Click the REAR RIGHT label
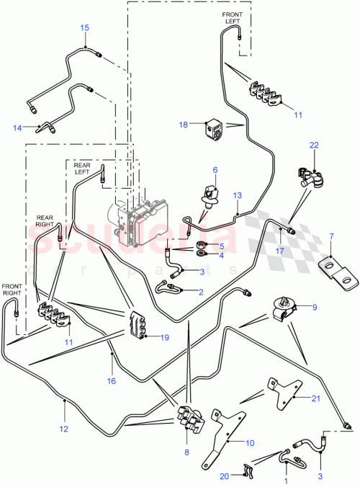click(45, 219)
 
